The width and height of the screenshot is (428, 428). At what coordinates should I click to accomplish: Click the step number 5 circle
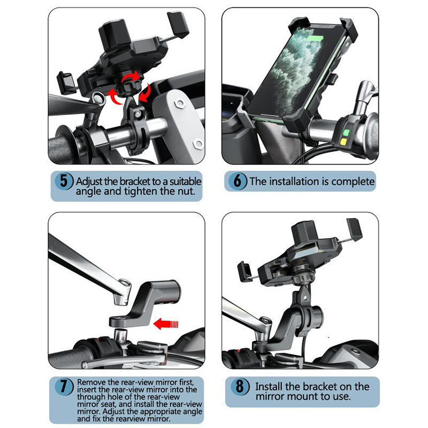[64, 181]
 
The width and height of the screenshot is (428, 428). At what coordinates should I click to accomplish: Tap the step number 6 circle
[238, 181]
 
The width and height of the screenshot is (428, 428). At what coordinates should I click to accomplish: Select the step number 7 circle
[64, 386]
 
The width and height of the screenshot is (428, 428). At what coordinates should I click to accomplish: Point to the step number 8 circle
[239, 386]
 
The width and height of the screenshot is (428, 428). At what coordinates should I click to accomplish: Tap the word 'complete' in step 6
[353, 181]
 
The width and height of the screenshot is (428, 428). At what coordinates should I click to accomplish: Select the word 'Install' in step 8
[269, 386]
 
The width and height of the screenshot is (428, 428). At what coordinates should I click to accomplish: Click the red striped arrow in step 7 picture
[166, 324]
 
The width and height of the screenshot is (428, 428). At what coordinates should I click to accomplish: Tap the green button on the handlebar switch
[346, 133]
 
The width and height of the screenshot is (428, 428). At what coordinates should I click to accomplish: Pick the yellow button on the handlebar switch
[343, 142]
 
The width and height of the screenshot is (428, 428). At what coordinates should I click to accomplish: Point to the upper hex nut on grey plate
[180, 103]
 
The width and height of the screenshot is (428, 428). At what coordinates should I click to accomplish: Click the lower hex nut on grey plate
[198, 143]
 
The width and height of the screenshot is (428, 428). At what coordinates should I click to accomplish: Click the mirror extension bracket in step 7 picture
[144, 303]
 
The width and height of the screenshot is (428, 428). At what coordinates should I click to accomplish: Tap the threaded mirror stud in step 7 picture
[120, 335]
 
